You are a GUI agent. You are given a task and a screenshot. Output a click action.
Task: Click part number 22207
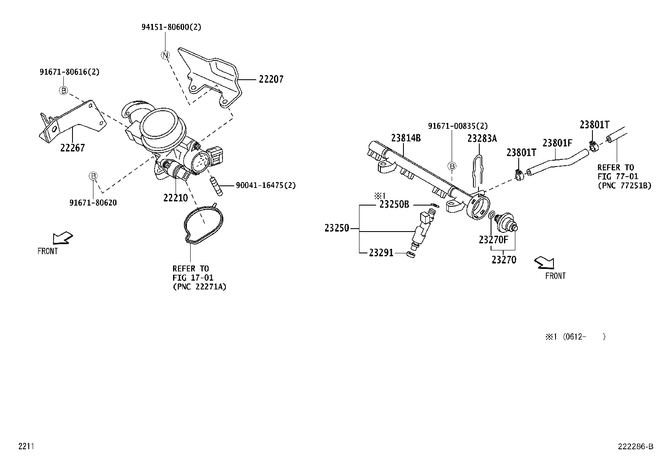click(271, 79)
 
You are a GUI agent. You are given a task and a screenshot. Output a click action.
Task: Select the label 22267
click(72, 148)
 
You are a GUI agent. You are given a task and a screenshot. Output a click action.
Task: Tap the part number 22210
click(176, 197)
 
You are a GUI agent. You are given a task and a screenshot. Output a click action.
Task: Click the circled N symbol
click(165, 55)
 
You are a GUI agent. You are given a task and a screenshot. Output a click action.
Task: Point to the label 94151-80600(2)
click(171, 27)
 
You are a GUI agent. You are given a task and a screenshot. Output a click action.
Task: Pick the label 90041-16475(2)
click(265, 185)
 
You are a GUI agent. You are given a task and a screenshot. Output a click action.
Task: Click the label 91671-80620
click(93, 203)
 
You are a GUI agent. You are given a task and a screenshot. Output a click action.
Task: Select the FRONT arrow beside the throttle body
click(62, 238)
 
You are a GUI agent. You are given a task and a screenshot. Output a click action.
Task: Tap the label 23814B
click(406, 138)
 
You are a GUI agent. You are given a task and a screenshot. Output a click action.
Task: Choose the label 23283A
click(482, 138)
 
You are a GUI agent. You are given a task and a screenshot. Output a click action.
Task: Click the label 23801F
click(557, 143)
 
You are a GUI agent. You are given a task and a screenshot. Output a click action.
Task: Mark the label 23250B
click(394, 205)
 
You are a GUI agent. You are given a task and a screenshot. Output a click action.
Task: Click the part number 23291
click(381, 253)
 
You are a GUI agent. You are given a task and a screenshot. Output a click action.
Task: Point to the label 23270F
click(493, 240)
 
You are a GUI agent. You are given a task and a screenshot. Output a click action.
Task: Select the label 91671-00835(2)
click(458, 126)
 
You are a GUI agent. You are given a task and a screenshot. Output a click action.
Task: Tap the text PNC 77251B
click(624, 185)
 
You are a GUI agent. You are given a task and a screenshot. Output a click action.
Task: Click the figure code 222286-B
click(635, 446)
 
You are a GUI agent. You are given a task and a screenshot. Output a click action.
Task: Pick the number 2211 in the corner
click(26, 446)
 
